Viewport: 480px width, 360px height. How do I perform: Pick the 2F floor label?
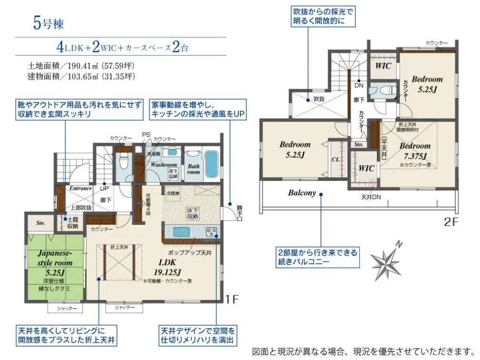coord(450,221)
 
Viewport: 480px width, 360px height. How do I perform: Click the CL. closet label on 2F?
coord(335,160)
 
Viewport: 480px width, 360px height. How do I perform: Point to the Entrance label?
coord(80,188)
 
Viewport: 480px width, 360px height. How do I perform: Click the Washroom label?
coord(164,164)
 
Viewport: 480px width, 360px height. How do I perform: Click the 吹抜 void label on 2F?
coord(318,99)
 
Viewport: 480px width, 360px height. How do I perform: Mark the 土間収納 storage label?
coord(72,222)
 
